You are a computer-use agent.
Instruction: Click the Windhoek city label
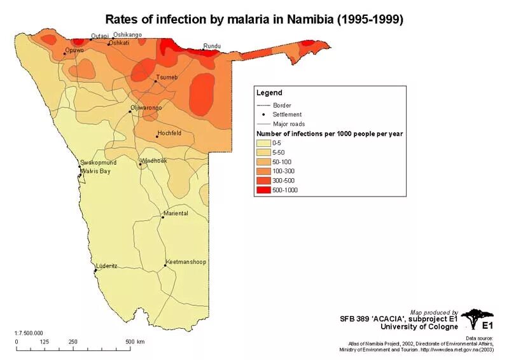tap(154, 161)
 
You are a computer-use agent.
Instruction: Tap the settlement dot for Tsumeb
tap(156, 81)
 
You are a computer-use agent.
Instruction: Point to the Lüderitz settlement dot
tap(95, 270)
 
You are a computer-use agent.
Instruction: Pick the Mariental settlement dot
tap(163, 218)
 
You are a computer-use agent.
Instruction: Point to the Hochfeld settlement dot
tap(157, 137)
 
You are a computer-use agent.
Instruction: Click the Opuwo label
tap(74, 50)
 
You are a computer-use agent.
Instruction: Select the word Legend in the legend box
tap(269, 93)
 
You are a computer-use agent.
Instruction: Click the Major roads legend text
tap(289, 123)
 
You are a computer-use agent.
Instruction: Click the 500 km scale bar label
tap(135, 342)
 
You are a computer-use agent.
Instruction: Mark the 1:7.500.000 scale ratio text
tap(29, 333)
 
